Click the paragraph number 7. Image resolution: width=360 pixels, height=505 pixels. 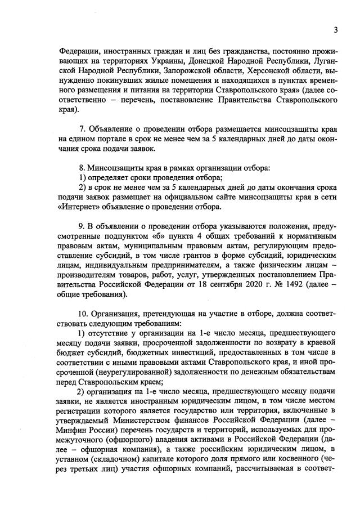[x=82, y=131]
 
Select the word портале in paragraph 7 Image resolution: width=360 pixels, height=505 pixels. [x=100, y=141]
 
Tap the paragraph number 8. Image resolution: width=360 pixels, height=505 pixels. [x=82, y=168]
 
